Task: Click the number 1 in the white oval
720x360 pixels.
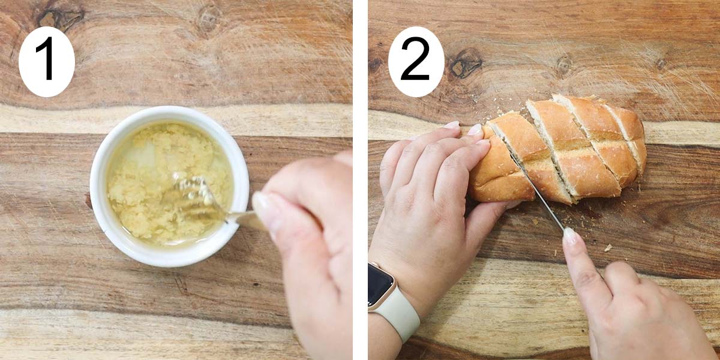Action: click(x=46, y=61)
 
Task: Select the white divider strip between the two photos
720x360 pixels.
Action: click(x=360, y=180)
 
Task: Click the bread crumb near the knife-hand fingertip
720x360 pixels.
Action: click(x=607, y=247)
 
